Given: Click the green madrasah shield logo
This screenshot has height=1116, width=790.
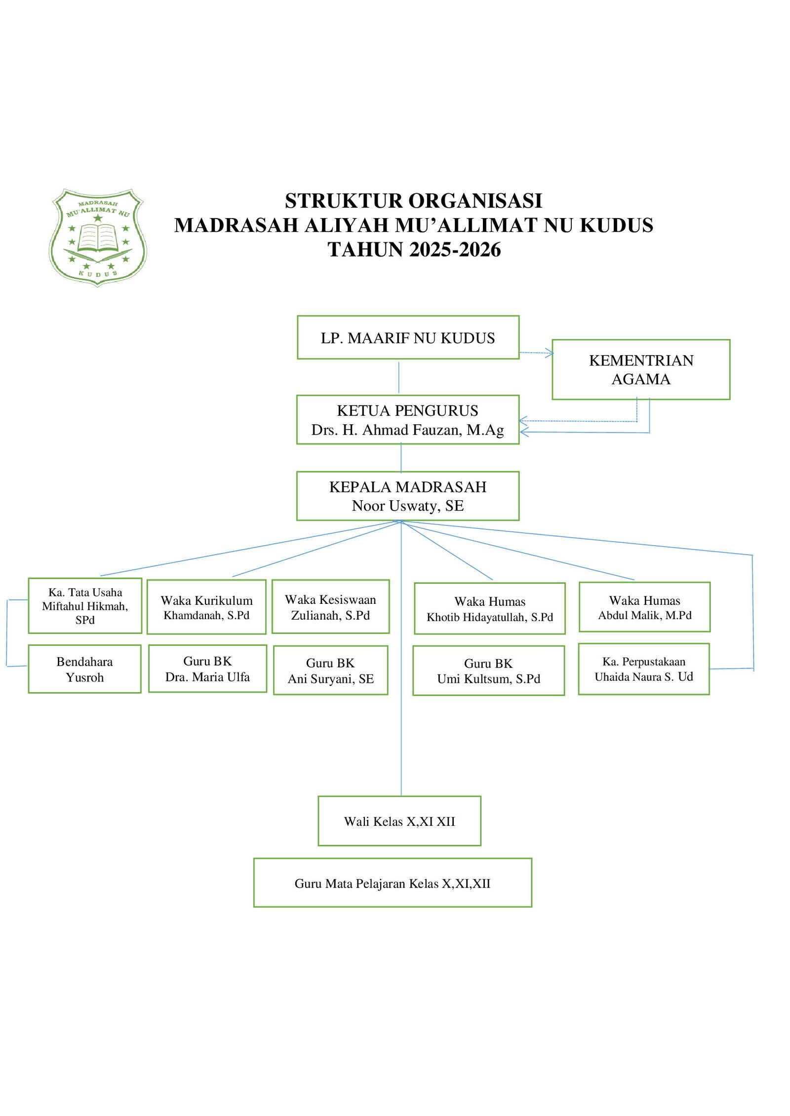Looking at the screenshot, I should (98, 238).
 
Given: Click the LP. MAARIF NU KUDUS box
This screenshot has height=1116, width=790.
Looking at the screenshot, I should (408, 337).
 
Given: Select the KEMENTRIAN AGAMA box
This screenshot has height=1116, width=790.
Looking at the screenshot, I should (640, 370).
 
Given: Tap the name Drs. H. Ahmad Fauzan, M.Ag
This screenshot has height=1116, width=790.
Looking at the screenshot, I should (407, 430).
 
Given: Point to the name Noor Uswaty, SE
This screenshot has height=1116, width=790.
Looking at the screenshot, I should (407, 506).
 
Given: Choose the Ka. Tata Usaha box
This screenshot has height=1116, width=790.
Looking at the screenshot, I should (85, 606).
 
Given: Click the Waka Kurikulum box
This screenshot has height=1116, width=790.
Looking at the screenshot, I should (206, 607).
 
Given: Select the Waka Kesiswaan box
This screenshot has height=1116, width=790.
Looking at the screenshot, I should (330, 607).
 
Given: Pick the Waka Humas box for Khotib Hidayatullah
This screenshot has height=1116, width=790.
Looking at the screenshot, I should (489, 609).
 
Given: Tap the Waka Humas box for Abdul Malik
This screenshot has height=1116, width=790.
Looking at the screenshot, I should (644, 607).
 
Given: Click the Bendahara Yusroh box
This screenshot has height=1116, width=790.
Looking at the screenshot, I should (84, 669).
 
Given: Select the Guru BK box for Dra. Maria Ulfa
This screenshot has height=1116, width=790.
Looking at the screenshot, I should (207, 669).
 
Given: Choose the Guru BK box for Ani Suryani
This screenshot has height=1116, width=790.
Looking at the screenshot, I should (330, 670).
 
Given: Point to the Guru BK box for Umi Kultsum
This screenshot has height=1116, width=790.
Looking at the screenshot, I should (488, 671).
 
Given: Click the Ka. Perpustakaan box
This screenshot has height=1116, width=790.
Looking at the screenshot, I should (643, 669).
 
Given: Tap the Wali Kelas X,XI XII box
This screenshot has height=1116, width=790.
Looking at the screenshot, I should (399, 821).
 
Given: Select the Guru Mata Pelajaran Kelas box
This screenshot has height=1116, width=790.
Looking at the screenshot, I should (393, 883).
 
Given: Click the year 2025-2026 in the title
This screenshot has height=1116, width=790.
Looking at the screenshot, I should (455, 250).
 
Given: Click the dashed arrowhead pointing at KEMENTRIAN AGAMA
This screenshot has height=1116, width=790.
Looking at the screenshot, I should (550, 352).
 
